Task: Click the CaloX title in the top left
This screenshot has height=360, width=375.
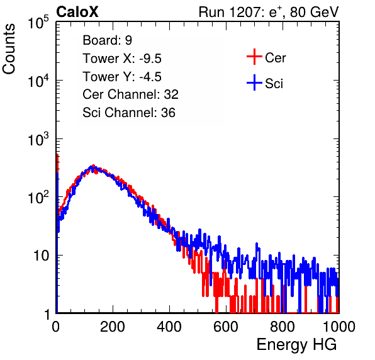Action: [77, 12]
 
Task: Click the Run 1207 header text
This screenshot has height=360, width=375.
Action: [269, 12]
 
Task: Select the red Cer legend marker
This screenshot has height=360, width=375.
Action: [254, 57]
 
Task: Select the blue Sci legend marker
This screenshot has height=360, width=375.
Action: [254, 82]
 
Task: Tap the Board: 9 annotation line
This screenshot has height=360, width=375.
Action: [107, 40]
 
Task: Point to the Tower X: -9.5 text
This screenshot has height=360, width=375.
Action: [122, 59]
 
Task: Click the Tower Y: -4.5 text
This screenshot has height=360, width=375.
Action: [122, 77]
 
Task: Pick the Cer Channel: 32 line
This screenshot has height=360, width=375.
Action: [130, 94]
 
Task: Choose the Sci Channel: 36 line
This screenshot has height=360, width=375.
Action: [129, 113]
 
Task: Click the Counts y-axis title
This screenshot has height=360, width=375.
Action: [9, 49]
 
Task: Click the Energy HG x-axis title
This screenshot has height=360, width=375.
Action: [296, 345]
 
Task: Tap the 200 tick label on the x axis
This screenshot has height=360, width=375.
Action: [113, 327]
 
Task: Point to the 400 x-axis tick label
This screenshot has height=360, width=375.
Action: [169, 327]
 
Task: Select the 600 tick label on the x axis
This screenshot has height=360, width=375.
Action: [226, 327]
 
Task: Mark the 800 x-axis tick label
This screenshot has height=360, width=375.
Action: [283, 327]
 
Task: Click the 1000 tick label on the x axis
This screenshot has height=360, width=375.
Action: [339, 327]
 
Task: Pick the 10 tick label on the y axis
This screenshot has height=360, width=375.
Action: [42, 256]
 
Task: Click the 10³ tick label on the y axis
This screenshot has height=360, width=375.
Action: [38, 139]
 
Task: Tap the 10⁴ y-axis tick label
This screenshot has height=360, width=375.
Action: [38, 81]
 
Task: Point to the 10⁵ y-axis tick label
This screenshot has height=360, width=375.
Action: [38, 22]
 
